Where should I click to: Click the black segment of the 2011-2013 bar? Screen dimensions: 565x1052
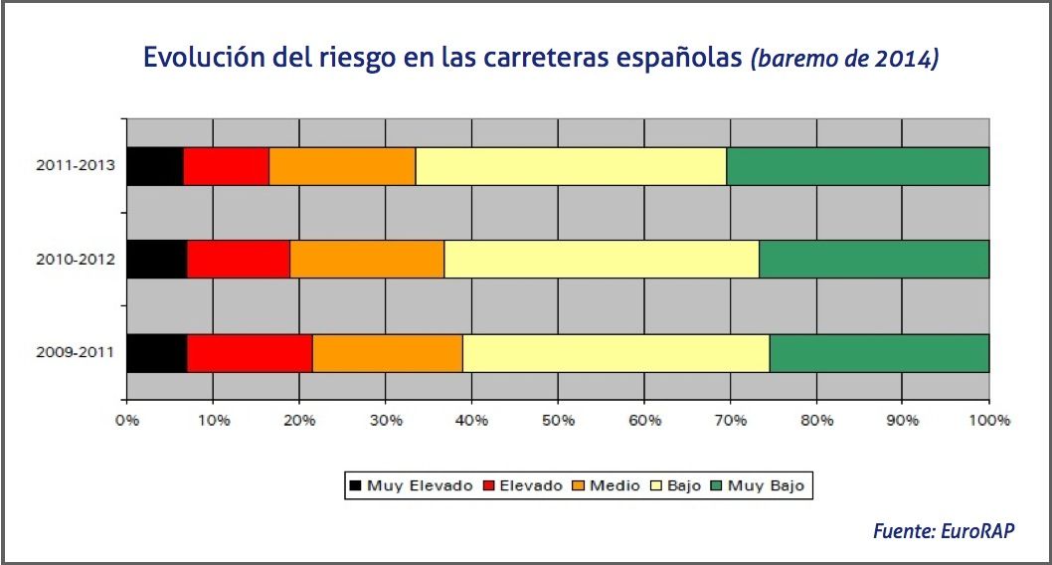click(154, 165)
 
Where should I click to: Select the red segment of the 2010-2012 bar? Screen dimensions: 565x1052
click(238, 259)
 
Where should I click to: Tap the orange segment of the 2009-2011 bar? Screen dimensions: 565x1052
click(387, 353)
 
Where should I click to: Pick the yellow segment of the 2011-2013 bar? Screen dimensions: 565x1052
click(570, 165)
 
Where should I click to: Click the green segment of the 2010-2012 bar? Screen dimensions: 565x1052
click(873, 259)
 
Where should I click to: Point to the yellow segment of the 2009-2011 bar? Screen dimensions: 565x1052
click(615, 353)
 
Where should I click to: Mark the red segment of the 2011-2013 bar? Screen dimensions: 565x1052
click(226, 165)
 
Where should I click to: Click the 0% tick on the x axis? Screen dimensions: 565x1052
click(126, 421)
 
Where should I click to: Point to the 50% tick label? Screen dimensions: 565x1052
click(558, 421)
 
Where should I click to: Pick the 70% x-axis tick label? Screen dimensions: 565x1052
click(730, 421)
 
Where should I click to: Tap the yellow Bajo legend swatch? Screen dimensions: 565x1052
click(656, 486)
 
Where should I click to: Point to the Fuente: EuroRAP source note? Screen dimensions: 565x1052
click(944, 530)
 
